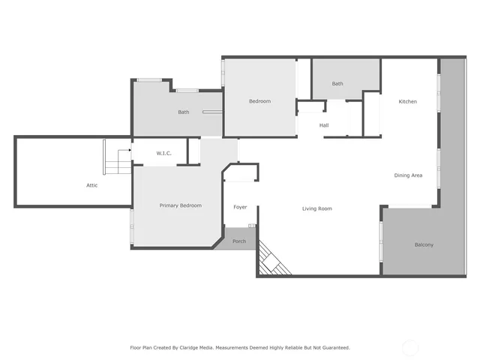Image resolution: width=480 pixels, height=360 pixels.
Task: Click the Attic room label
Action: click(x=91, y=185)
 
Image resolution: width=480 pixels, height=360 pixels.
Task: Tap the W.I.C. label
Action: click(x=164, y=153)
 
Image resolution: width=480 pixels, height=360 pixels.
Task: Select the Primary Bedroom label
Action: click(x=180, y=205)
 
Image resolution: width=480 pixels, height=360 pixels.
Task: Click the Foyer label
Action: click(x=240, y=207)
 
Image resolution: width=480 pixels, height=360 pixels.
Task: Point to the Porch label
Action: click(x=239, y=241)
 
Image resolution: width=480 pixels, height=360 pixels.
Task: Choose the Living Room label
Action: click(x=316, y=208)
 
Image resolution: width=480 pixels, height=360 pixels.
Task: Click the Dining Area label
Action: click(x=408, y=175)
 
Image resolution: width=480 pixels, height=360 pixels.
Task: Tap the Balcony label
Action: click(x=424, y=244)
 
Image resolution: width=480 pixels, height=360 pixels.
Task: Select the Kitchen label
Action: click(x=407, y=102)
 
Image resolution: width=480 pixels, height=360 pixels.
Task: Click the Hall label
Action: click(x=324, y=125)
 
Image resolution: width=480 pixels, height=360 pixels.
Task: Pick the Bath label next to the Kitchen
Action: click(x=337, y=84)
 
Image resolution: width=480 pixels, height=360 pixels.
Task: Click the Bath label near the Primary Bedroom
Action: click(x=183, y=112)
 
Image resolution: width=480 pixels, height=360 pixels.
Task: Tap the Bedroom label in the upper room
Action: click(x=259, y=101)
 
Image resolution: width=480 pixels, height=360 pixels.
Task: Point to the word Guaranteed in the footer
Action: click(x=333, y=347)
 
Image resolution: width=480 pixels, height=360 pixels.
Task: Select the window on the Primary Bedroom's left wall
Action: click(x=132, y=226)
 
